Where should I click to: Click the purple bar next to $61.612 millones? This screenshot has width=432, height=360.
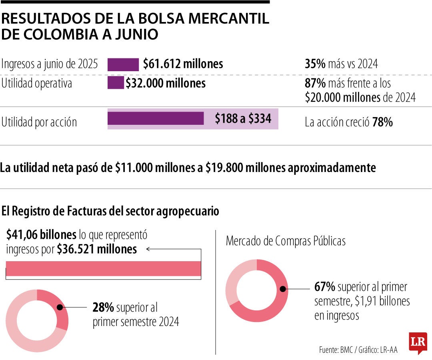point(123,64)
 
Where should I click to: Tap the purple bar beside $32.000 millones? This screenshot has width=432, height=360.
point(116,83)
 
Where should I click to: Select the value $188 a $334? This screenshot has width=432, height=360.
point(243,119)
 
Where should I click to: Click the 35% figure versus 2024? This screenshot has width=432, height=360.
point(315,64)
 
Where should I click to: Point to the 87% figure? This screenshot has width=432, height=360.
point(315,84)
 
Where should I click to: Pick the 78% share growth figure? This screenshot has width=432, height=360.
point(382,122)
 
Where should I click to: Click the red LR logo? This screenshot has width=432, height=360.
point(418,342)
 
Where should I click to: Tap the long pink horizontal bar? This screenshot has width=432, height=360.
point(103,269)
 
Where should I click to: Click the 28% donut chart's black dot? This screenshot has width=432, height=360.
point(60,308)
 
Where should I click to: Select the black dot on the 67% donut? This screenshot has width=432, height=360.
point(282,289)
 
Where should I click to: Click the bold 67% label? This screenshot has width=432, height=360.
point(324,287)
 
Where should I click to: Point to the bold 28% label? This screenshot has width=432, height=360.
point(103,308)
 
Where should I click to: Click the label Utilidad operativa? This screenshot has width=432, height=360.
point(37,84)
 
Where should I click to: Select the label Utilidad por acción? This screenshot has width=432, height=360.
point(39,122)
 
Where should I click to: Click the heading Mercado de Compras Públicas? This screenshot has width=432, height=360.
point(286,241)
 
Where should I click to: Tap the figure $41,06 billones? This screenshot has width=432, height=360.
point(41,235)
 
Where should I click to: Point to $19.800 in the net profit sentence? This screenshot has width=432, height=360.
point(222,168)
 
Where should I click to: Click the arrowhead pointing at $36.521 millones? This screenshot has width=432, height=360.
point(148,249)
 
